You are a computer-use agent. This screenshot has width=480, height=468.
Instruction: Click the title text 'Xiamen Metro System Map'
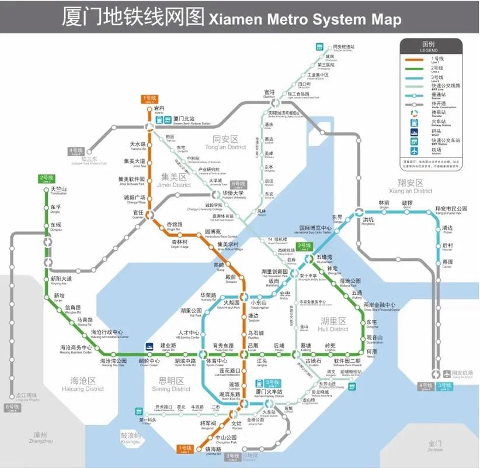click(x=304, y=19)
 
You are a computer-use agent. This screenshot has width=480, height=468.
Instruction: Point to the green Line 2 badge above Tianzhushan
click(x=47, y=178)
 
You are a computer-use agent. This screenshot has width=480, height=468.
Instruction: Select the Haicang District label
click(x=83, y=384)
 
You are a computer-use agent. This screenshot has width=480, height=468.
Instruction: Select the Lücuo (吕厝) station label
click(x=253, y=346)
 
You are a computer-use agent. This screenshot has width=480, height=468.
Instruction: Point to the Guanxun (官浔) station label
click(x=269, y=93)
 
